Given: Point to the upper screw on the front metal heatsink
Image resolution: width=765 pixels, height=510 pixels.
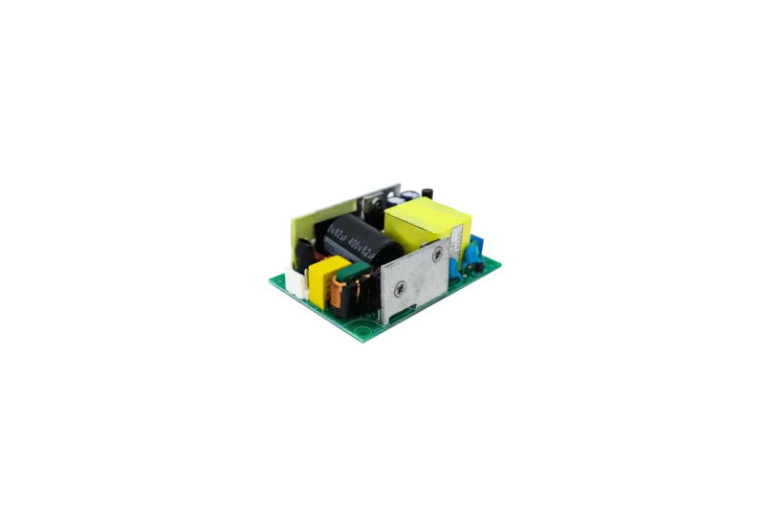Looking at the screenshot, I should click(x=437, y=255).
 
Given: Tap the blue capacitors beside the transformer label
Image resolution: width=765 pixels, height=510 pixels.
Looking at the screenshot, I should click(x=470, y=251).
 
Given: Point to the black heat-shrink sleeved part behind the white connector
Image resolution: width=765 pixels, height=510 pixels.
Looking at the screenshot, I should click(x=305, y=254).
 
